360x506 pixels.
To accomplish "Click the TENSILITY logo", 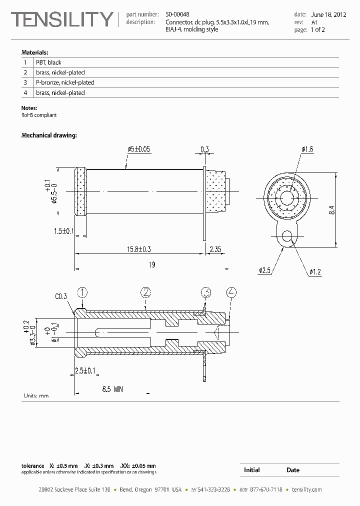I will click(62, 19).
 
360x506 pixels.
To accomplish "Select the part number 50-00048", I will click(177, 14).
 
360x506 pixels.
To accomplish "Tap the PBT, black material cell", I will click(48, 62).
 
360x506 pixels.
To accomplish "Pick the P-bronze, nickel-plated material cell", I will click(65, 82).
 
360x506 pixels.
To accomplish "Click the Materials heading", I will click(34, 52).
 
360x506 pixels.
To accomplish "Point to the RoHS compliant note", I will click(39, 115).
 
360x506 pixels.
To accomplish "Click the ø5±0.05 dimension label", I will click(139, 149).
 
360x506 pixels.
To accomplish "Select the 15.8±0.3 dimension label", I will click(139, 249).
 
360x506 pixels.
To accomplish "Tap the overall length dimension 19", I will click(152, 264).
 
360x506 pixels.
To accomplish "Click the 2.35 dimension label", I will click(215, 249).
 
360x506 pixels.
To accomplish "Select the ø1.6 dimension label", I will click(307, 149).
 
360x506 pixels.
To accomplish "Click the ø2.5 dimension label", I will click(264, 271).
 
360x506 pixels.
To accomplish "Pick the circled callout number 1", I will click(82, 292).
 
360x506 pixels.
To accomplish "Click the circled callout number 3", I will click(206, 292).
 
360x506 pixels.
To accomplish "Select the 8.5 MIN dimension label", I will click(113, 389).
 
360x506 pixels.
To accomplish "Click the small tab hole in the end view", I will click(286, 236).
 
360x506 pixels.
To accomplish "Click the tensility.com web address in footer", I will click(306, 489).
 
